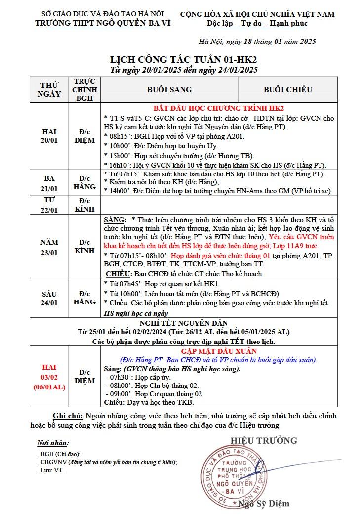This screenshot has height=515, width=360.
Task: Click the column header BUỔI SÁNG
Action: click(x=169, y=90)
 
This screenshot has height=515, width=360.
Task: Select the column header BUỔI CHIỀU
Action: click(x=288, y=90)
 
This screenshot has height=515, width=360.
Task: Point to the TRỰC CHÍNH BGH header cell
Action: click(x=84, y=89)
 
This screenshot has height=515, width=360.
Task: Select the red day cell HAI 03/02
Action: click(x=49, y=377)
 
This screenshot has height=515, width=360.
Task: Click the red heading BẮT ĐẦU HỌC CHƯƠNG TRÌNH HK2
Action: click(x=218, y=108)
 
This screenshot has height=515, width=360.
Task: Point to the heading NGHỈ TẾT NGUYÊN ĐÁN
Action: click(x=184, y=323)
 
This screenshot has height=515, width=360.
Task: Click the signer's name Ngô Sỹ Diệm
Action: click(x=264, y=504)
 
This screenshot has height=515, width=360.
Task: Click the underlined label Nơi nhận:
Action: click(x=53, y=443)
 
